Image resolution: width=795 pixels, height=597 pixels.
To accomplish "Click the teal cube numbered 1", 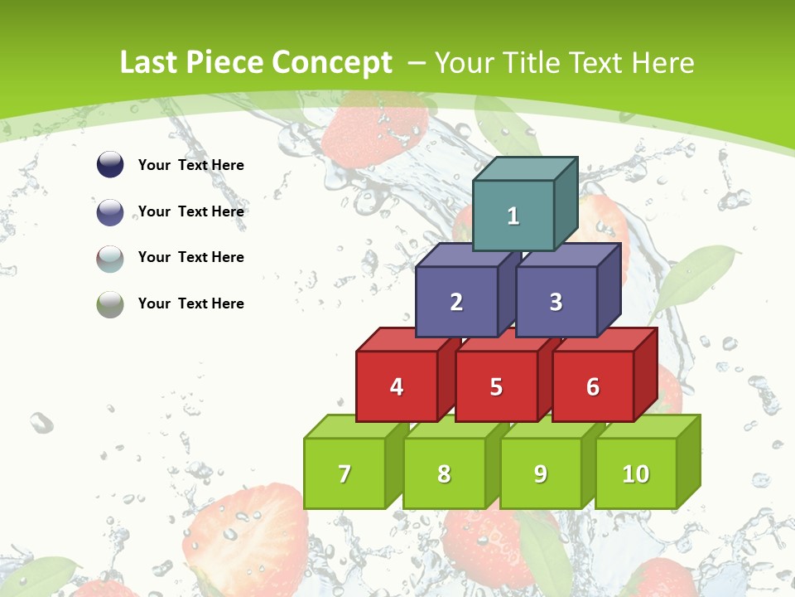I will tap(513, 216).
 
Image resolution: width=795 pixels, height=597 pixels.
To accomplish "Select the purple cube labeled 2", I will tap(456, 302).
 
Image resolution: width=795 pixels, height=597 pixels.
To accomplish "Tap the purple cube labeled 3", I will tap(556, 302).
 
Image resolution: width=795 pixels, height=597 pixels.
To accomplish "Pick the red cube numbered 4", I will tap(397, 386).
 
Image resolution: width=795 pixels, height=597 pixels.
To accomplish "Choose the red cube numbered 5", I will tap(496, 386).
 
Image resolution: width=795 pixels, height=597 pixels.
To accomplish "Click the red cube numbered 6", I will tap(593, 386).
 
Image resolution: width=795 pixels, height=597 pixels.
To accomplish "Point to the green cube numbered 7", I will tap(344, 473).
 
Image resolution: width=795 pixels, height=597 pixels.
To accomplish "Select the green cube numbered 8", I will tap(444, 473).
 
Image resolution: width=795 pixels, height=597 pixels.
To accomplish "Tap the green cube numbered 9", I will tap(541, 473).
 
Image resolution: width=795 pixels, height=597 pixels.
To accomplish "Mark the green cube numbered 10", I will tap(636, 473).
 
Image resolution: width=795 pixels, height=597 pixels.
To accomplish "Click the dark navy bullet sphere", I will tap(110, 165).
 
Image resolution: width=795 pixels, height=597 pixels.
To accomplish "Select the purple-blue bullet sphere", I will tap(110, 211).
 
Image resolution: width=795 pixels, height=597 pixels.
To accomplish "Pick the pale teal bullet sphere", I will tap(110, 258).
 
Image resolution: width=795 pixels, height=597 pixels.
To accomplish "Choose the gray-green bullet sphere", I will tap(110, 304).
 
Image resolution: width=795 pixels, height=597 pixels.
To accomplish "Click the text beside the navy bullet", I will tap(191, 165).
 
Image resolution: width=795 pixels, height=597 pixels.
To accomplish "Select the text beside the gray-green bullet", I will tap(191, 303).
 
